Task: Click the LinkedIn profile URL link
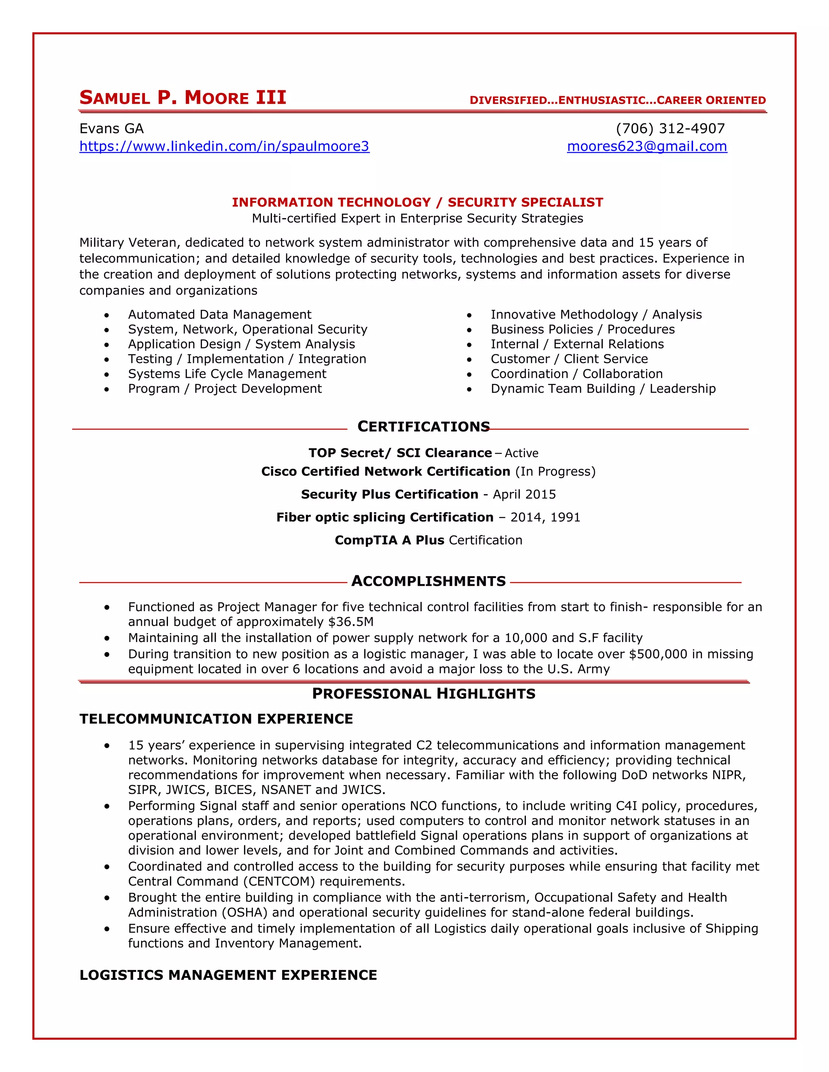click(x=224, y=146)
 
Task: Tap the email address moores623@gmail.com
click(x=647, y=146)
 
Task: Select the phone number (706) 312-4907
click(x=670, y=129)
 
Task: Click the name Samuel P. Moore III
click(x=183, y=97)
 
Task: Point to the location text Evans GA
click(x=111, y=129)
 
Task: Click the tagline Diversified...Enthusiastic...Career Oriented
click(x=617, y=100)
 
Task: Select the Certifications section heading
click(x=423, y=426)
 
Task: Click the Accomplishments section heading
click(x=428, y=581)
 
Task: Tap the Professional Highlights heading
click(x=423, y=693)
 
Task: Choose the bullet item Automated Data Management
click(x=219, y=315)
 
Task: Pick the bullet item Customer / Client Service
click(x=569, y=359)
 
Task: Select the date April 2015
click(x=524, y=494)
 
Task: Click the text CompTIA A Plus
click(x=389, y=540)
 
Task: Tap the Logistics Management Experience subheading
click(x=228, y=975)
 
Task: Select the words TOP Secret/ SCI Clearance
click(x=400, y=453)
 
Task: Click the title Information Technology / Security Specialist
click(x=417, y=202)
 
